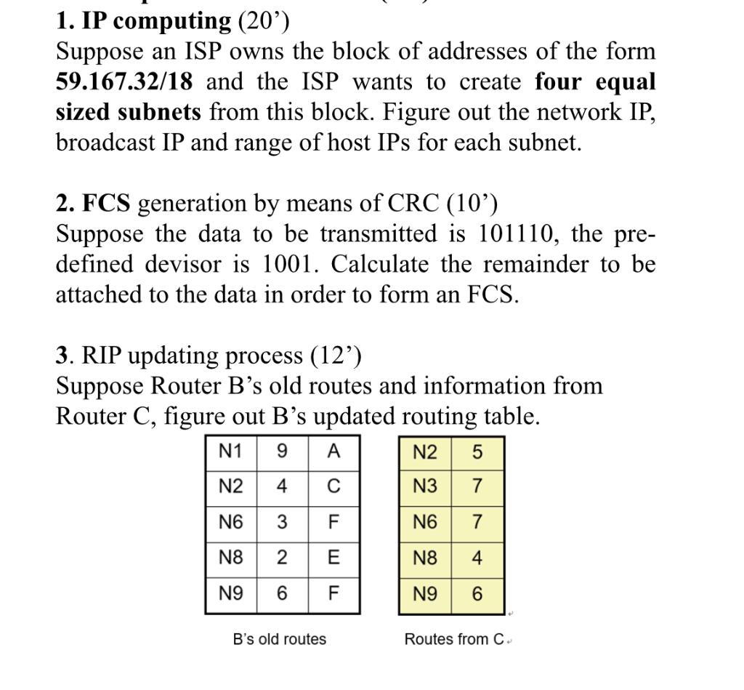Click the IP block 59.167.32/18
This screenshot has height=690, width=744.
[124, 82]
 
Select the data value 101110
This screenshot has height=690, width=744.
[518, 234]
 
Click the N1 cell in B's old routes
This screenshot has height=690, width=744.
[230, 452]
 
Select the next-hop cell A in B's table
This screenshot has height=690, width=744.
[333, 452]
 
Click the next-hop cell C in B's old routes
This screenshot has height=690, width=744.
[333, 486]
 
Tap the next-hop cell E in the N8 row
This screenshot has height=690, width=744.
[333, 558]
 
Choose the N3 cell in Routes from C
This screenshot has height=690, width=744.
[425, 486]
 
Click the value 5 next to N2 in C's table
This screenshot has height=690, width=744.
[477, 452]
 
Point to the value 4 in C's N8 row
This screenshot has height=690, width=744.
[477, 558]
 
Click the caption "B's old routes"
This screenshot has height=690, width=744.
[280, 640]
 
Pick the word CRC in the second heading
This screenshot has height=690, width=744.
[413, 204]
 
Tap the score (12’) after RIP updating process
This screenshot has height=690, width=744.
[336, 356]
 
